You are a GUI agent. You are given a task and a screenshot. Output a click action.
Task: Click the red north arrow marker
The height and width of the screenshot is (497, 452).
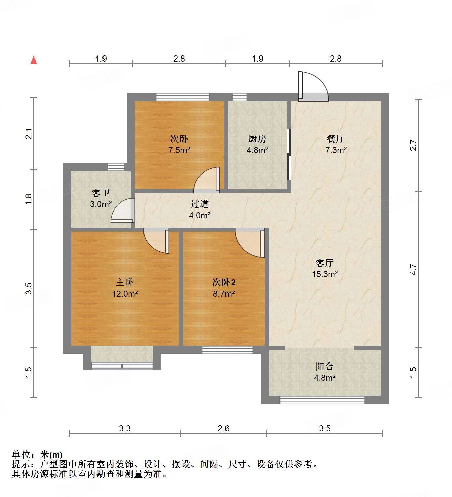tap(34, 60)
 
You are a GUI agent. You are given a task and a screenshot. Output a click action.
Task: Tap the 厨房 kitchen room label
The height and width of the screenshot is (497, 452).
tap(257, 139)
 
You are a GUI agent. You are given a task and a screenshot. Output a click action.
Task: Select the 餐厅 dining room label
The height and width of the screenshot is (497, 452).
tap(335, 139)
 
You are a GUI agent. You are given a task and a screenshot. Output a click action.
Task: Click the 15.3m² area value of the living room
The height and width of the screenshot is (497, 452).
tap(325, 274)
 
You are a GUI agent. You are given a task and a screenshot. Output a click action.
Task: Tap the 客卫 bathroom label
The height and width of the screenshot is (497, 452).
tap(101, 193)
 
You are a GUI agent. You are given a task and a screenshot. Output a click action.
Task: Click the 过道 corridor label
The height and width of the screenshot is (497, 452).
tap(200, 204)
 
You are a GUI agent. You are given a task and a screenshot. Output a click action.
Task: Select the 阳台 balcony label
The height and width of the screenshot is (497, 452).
tap(324, 367)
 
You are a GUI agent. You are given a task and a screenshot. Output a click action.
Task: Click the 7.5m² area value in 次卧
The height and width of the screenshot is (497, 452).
tap(179, 150)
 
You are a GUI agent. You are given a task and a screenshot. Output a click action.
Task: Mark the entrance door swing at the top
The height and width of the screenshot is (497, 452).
tap(313, 86)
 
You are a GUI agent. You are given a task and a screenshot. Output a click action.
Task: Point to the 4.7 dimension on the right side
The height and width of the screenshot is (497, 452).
tap(413, 270)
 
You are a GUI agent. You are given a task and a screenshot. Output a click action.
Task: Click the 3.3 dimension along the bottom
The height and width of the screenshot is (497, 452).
tap(125, 428)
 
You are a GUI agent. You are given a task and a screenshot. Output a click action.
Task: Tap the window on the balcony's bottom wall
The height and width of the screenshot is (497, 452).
tap(322, 400)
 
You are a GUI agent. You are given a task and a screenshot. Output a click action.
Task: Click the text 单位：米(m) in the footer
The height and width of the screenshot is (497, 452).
tap(37, 455)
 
